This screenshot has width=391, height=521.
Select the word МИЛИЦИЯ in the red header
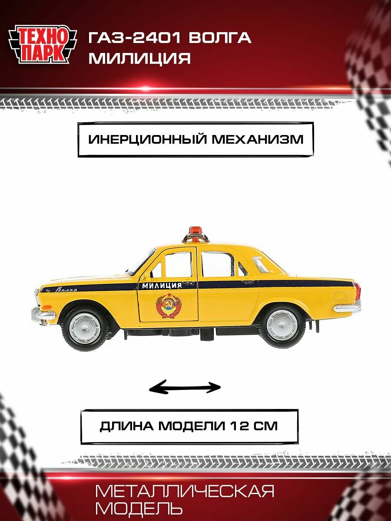(140, 59)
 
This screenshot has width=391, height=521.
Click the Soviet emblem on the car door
(168, 305)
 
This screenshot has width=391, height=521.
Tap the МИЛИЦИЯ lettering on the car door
(162, 285)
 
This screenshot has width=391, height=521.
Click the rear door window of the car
(219, 264)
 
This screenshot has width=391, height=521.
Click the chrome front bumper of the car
(43, 313)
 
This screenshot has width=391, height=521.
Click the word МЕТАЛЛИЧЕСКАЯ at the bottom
(185, 491)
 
